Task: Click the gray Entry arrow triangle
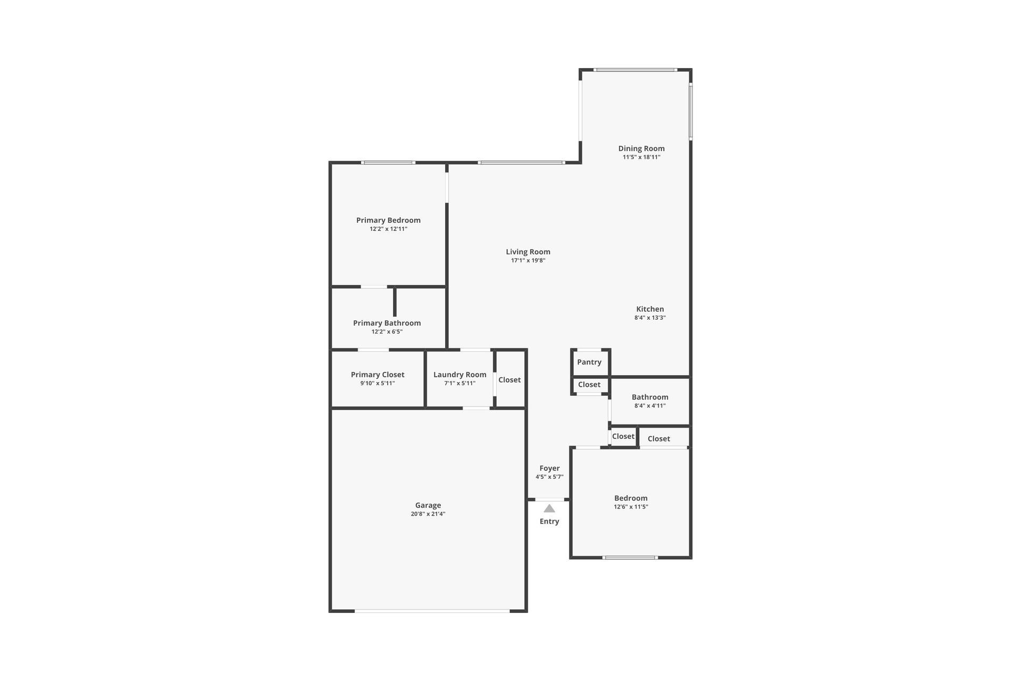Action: pos(549,509)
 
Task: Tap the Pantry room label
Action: pos(589,362)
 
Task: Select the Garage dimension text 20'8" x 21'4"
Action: pos(428,514)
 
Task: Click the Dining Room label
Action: pos(641,148)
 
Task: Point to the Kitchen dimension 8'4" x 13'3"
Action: pos(650,318)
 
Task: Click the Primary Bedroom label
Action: pos(388,220)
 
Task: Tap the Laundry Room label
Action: pos(459,375)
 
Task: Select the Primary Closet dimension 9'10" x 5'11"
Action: pos(378,383)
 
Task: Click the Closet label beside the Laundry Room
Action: pos(509,380)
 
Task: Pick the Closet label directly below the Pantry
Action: pos(589,385)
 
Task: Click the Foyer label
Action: pos(549,468)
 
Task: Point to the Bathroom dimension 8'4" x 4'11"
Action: pos(650,405)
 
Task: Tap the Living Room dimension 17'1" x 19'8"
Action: pos(528,261)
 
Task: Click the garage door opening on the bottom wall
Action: pos(432,611)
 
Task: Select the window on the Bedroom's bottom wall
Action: pos(630,558)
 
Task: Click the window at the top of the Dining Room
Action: pos(635,70)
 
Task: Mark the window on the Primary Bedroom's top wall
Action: pos(388,162)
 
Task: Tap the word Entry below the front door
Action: pos(549,521)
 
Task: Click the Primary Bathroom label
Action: pos(387,323)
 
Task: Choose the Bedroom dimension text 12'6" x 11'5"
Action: pos(631,507)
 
